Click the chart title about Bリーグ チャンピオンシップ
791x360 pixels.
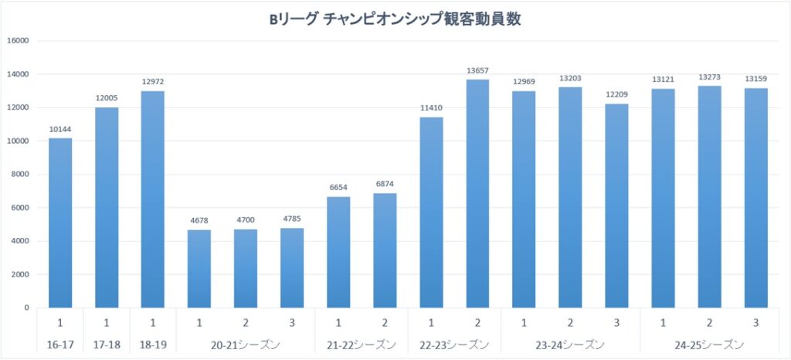pos(395,20)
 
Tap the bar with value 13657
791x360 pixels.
pos(477,193)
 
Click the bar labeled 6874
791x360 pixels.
pos(385,250)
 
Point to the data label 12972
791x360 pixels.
pos(153,82)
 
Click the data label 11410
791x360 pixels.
pos(431,108)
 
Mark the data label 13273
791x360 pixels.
pos(709,77)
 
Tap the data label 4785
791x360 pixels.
pos(292,219)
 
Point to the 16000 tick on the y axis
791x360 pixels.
pos(17,41)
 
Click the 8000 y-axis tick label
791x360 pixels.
pos(19,175)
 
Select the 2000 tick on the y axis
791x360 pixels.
pos(19,274)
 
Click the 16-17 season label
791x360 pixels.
pos(60,344)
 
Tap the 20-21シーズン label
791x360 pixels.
pos(246,344)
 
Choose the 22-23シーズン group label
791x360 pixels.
pos(454,344)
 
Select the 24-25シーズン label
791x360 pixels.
pos(709,344)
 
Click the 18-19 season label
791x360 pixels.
pos(153,344)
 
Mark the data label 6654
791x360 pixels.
pos(338,188)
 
